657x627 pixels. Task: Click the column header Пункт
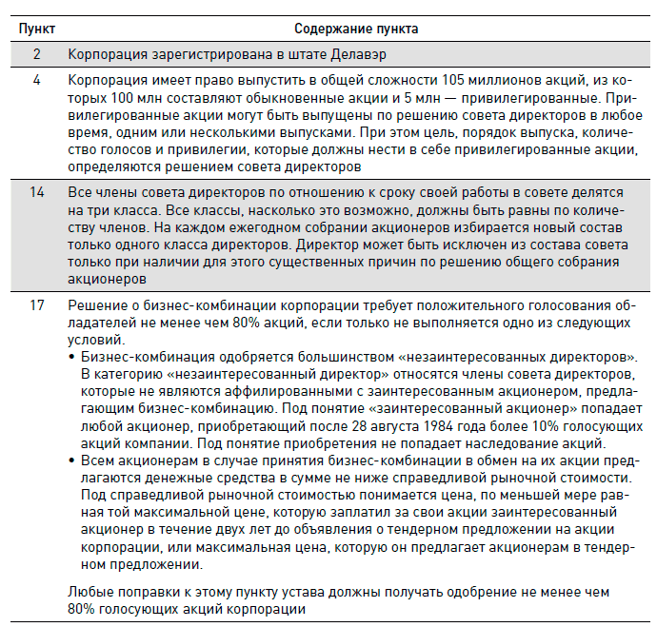point(36,29)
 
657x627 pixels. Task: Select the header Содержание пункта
point(356,29)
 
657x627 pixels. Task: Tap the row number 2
point(36,55)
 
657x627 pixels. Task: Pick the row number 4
point(36,82)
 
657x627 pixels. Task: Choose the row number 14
point(36,192)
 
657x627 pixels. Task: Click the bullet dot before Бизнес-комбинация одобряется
point(73,356)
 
